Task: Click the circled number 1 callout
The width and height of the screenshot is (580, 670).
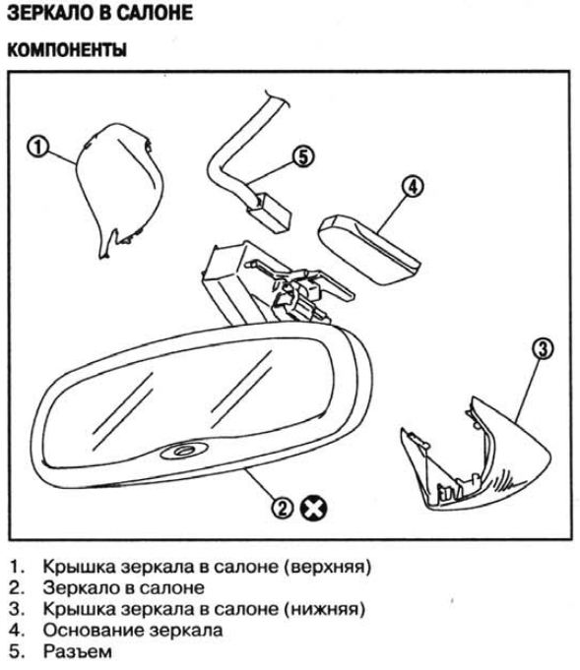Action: [38, 147]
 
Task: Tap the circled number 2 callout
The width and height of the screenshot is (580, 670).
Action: [283, 508]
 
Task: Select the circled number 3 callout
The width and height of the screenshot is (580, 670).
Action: [542, 348]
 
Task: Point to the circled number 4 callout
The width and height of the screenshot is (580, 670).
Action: [413, 186]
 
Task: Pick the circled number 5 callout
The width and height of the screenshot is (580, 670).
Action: [303, 156]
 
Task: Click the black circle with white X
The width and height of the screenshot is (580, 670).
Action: [313, 509]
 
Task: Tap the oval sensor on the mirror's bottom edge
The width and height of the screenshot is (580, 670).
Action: [184, 451]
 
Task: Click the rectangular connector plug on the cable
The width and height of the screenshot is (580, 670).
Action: [270, 213]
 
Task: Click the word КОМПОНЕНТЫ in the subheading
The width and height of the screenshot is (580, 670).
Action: [67, 50]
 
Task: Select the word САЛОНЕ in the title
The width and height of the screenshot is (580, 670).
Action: [155, 13]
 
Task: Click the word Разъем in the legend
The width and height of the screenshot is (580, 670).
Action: [78, 652]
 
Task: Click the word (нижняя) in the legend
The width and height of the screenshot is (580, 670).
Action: [325, 609]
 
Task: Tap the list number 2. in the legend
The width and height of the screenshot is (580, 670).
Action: [17, 588]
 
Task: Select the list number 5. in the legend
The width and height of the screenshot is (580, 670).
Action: [17, 652]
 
